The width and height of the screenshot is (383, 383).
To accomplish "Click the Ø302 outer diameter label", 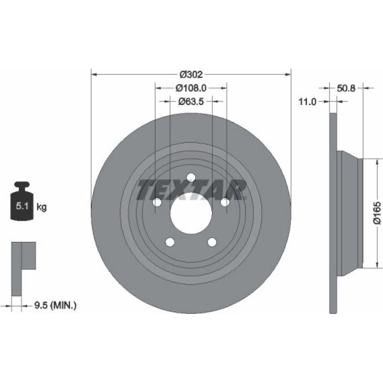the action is click(191, 74).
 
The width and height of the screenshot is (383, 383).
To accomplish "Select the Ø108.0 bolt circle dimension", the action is click(191, 88).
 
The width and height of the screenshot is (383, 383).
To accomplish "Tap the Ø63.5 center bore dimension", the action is click(191, 101).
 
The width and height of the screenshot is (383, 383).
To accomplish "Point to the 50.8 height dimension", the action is click(346, 88).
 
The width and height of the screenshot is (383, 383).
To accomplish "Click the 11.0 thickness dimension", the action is click(307, 101).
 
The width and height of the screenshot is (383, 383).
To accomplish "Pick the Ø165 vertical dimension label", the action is click(377, 212).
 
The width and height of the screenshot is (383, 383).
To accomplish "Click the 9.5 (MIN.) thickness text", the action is click(55, 305).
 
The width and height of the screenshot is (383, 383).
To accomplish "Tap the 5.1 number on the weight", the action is click(22, 206).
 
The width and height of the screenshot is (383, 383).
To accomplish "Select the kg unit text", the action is click(41, 207).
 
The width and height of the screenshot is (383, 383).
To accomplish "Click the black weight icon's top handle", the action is click(22, 185).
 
